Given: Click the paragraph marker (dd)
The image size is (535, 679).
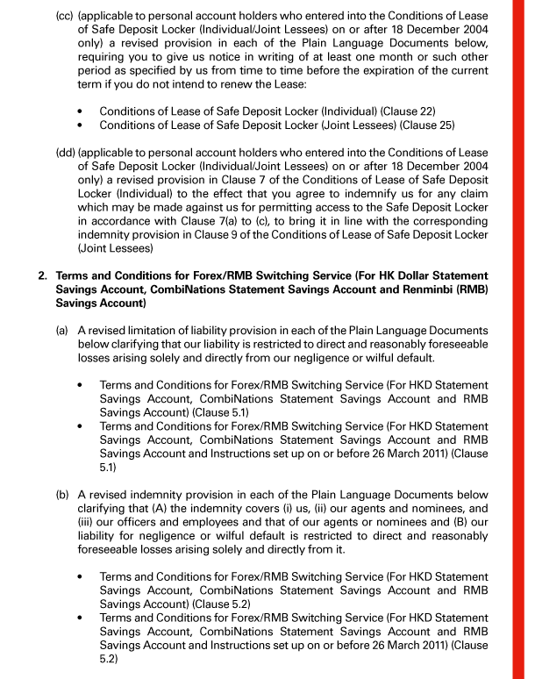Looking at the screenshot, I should pos(67,153).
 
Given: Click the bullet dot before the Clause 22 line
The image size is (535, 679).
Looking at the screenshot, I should pos(81,113).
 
